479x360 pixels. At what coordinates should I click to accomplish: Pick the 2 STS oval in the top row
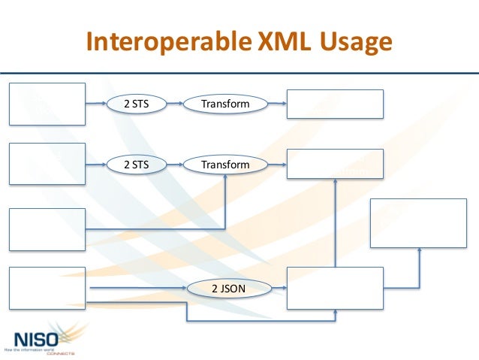(x=136, y=104)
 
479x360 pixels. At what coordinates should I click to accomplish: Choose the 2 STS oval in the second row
(x=136, y=163)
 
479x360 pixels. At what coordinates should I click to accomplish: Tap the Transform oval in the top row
(x=225, y=104)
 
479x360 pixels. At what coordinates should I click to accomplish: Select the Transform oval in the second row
(x=225, y=163)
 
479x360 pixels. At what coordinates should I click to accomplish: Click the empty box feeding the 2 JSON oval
(x=47, y=288)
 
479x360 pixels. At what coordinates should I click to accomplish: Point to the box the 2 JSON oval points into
(x=335, y=288)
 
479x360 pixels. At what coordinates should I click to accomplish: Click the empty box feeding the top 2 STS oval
(x=47, y=104)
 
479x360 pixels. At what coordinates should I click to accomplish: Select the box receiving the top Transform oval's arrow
(x=335, y=104)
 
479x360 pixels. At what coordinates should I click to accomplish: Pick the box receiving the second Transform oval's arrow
(x=335, y=163)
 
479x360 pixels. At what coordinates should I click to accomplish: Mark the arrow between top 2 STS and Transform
(x=174, y=104)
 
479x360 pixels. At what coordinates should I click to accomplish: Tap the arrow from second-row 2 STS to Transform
(x=174, y=163)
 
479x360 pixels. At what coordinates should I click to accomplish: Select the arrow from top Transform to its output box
(x=277, y=104)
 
